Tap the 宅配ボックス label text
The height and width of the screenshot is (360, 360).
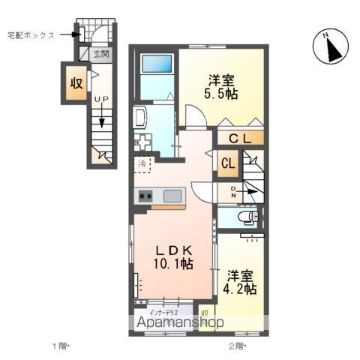(x=31, y=34)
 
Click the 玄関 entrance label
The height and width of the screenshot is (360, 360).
(x=101, y=54)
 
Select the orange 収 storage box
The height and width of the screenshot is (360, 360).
(x=76, y=83)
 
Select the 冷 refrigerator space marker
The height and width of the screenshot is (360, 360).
(x=142, y=162)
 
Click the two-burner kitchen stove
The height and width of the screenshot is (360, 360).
(x=145, y=196)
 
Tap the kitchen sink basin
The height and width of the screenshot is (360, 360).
(x=172, y=196)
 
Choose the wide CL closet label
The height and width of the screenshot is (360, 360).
(x=241, y=138)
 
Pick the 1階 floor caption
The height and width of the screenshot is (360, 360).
(x=61, y=346)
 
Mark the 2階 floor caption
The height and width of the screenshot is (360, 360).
(x=236, y=346)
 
